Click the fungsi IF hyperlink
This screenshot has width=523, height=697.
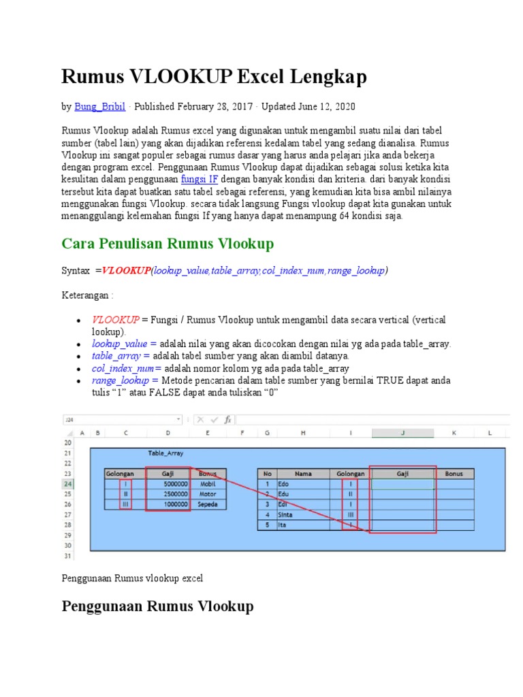click(x=200, y=179)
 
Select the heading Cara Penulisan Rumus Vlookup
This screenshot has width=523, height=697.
click(x=168, y=244)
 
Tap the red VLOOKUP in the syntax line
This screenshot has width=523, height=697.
click(x=126, y=271)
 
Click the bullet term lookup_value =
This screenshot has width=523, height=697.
click(x=125, y=344)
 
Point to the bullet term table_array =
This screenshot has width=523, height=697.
click(x=121, y=356)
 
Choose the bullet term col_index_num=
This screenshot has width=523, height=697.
click(x=127, y=368)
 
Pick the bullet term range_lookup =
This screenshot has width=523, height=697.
click(x=125, y=380)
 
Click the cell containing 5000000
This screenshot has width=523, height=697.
click(x=168, y=484)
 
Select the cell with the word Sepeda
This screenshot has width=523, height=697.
click(x=208, y=504)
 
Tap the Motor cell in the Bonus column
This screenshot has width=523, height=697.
click(x=208, y=494)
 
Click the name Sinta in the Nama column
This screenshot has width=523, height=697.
click(x=286, y=515)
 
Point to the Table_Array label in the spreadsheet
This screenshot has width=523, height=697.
click(x=165, y=453)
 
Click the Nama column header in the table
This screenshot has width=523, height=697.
click(x=303, y=473)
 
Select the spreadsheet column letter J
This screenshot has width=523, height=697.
click(x=402, y=432)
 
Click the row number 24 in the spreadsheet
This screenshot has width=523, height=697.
click(x=67, y=484)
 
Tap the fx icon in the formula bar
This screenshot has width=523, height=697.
click(x=227, y=419)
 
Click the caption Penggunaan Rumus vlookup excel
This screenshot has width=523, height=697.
click(x=132, y=578)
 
